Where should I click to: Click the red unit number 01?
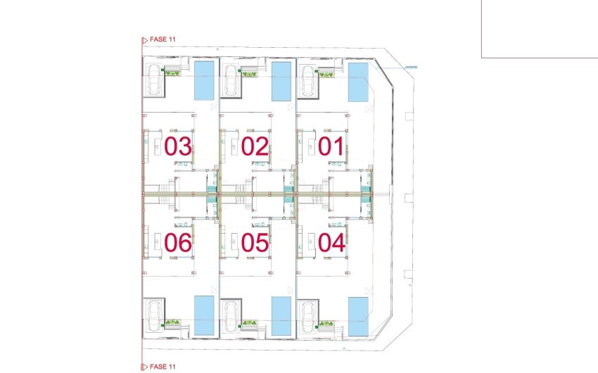(x=331, y=147)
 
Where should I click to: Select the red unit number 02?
(x=255, y=147)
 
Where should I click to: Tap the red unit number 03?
(x=177, y=147)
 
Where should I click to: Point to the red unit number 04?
(x=331, y=244)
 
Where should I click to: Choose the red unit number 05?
(x=255, y=244)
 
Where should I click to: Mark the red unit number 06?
(x=177, y=244)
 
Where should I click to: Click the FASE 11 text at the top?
(x=163, y=39)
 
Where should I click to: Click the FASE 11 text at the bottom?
(x=163, y=367)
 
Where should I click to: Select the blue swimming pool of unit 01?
(x=358, y=81)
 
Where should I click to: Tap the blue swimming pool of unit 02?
(x=281, y=81)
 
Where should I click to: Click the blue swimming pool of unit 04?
(x=358, y=315)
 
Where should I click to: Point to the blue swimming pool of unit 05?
(x=281, y=315)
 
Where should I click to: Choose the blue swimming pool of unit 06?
(x=204, y=315)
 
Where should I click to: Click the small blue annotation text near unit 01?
(x=412, y=68)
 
